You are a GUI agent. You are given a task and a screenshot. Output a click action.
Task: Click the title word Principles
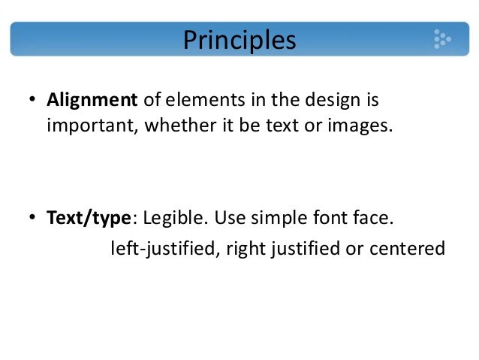(239, 39)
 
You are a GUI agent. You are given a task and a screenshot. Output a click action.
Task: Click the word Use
(228, 219)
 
